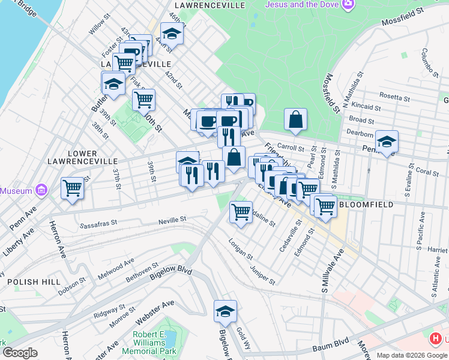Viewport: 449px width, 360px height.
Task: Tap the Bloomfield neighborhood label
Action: (366, 205)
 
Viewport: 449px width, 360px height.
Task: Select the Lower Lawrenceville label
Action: (83, 158)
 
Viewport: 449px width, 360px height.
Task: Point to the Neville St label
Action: (172, 221)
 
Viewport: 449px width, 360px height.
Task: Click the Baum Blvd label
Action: (331, 347)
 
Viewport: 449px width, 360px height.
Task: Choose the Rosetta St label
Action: (394, 97)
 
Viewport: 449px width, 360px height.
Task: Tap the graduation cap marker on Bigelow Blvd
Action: (226, 311)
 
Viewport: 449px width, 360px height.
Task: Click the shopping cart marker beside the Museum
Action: (72, 187)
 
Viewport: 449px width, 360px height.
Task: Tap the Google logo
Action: (20, 352)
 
